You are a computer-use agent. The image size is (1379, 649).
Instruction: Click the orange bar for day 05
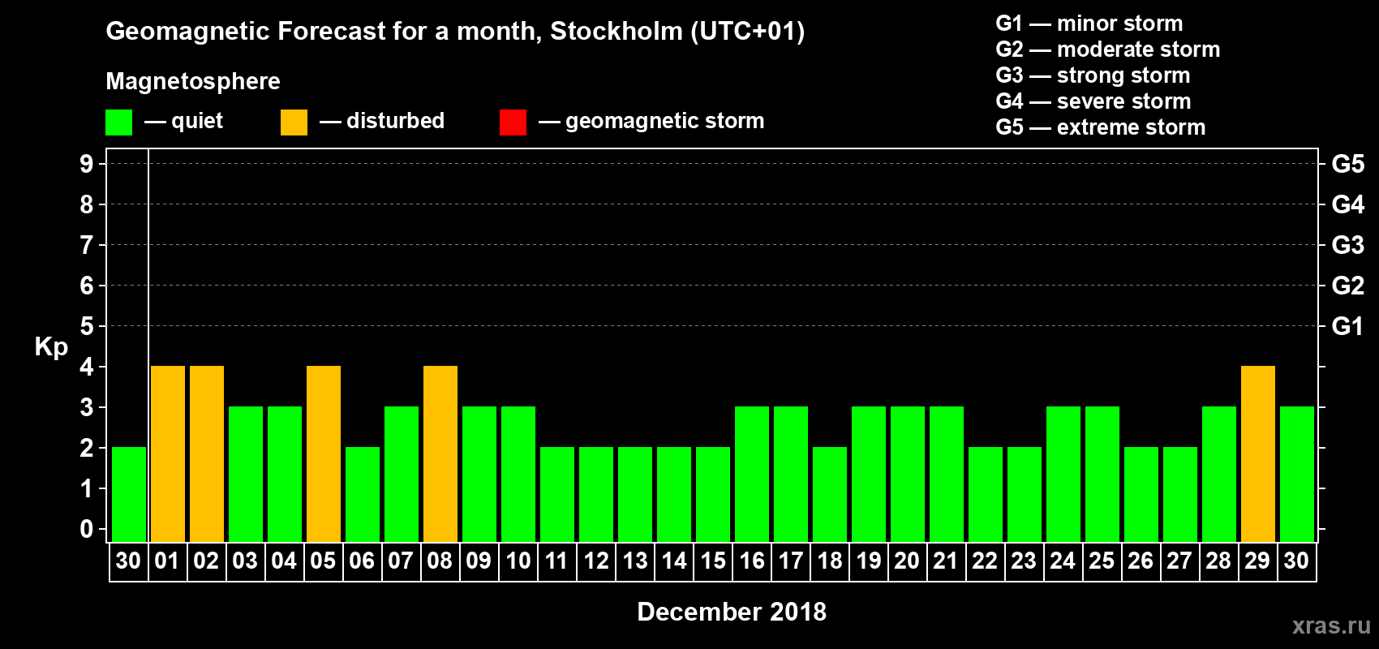pyautogui.click(x=324, y=453)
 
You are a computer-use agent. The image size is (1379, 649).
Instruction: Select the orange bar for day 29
pyautogui.click(x=1257, y=453)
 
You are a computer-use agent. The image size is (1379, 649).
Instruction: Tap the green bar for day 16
pyautogui.click(x=752, y=474)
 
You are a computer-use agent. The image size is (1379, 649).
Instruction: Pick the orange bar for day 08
pyautogui.click(x=440, y=453)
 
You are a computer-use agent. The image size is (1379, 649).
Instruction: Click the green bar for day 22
pyautogui.click(x=985, y=494)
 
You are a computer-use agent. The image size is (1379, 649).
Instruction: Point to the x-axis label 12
pyautogui.click(x=596, y=561)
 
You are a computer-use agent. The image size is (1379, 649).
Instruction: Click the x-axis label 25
pyautogui.click(x=1102, y=561)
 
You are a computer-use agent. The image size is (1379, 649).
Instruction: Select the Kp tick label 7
pyautogui.click(x=87, y=245)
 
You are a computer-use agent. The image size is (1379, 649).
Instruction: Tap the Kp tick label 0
pyautogui.click(x=87, y=530)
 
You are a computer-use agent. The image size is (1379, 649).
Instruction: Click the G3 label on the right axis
pyautogui.click(x=1347, y=245)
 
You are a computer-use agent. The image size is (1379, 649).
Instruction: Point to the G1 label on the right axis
pyautogui.click(x=1347, y=326)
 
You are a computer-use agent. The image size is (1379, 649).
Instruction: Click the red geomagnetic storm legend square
pyautogui.click(x=513, y=122)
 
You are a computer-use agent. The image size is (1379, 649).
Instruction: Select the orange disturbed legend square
pyautogui.click(x=294, y=122)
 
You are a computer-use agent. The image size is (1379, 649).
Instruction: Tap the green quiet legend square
pyautogui.click(x=118, y=122)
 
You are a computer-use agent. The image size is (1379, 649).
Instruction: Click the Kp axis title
pyautogui.click(x=51, y=347)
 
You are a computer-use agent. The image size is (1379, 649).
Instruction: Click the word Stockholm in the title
pyautogui.click(x=616, y=32)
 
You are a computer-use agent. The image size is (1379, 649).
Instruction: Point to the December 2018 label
pyautogui.click(x=731, y=612)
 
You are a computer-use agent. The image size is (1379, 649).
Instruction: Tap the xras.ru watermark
pyautogui.click(x=1331, y=625)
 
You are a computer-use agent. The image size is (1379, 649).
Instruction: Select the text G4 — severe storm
pyautogui.click(x=1093, y=101)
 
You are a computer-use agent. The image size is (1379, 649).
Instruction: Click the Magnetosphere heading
pyautogui.click(x=192, y=81)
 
